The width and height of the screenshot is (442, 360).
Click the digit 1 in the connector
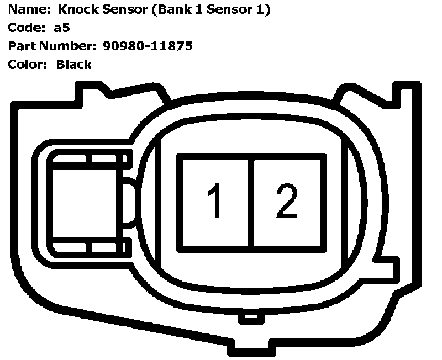[x=215, y=202]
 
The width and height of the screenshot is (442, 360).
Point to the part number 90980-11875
[x=147, y=46]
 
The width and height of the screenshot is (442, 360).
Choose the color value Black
[x=73, y=65]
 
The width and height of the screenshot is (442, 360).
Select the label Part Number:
[x=53, y=46]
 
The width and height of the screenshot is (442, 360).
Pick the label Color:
[x=27, y=65]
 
